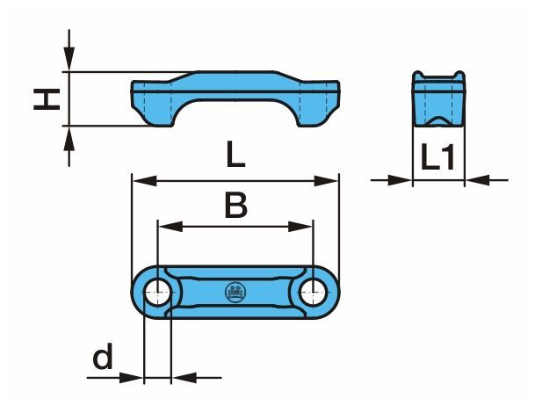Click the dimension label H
pyautogui.click(x=47, y=99)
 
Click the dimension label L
pyautogui.click(x=235, y=155)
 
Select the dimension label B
pyautogui.click(x=236, y=205)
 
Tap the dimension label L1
pyautogui.click(x=438, y=156)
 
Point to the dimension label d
pyautogui.click(x=103, y=356)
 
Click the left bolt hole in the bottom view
pyautogui.click(x=157, y=292)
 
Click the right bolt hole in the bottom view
pyautogui.click(x=314, y=292)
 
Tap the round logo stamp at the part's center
pyautogui.click(x=235, y=292)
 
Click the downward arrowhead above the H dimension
pyautogui.click(x=69, y=59)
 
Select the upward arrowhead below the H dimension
pyautogui.click(x=69, y=138)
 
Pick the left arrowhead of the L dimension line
pyautogui.click(x=144, y=180)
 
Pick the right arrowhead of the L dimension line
pyautogui.click(x=327, y=180)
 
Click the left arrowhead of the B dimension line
pyautogui.click(x=170, y=227)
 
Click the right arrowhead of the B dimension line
pyautogui.click(x=300, y=227)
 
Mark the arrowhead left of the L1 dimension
pyautogui.click(x=400, y=180)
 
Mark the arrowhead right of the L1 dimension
pyautogui.click(x=477, y=180)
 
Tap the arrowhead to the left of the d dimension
pyautogui.click(x=132, y=378)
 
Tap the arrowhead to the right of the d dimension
pyautogui.click(x=184, y=378)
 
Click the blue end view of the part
pyautogui.click(x=438, y=98)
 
